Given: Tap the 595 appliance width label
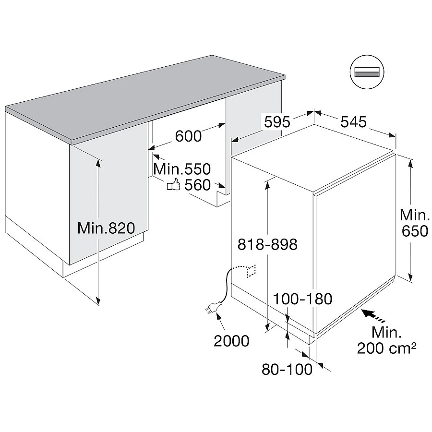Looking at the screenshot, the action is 277,122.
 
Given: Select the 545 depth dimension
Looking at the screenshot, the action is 353,121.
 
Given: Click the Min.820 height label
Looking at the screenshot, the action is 107,228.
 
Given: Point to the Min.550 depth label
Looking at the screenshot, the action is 182,169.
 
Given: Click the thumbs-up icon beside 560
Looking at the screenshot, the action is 174,184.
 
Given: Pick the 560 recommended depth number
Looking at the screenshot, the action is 198,185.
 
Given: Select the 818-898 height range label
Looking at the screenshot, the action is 267,244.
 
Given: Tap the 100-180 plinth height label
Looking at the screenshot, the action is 302,299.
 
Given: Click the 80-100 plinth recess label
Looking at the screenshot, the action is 287,369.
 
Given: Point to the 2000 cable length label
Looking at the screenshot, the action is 231,341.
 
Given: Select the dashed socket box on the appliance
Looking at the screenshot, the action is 251,271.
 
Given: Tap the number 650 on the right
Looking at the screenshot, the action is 415,231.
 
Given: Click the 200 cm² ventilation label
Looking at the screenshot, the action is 386,348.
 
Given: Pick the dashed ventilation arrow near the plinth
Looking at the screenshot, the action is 373,316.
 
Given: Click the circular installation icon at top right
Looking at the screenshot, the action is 367,72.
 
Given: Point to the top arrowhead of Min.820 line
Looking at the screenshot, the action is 98,163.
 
